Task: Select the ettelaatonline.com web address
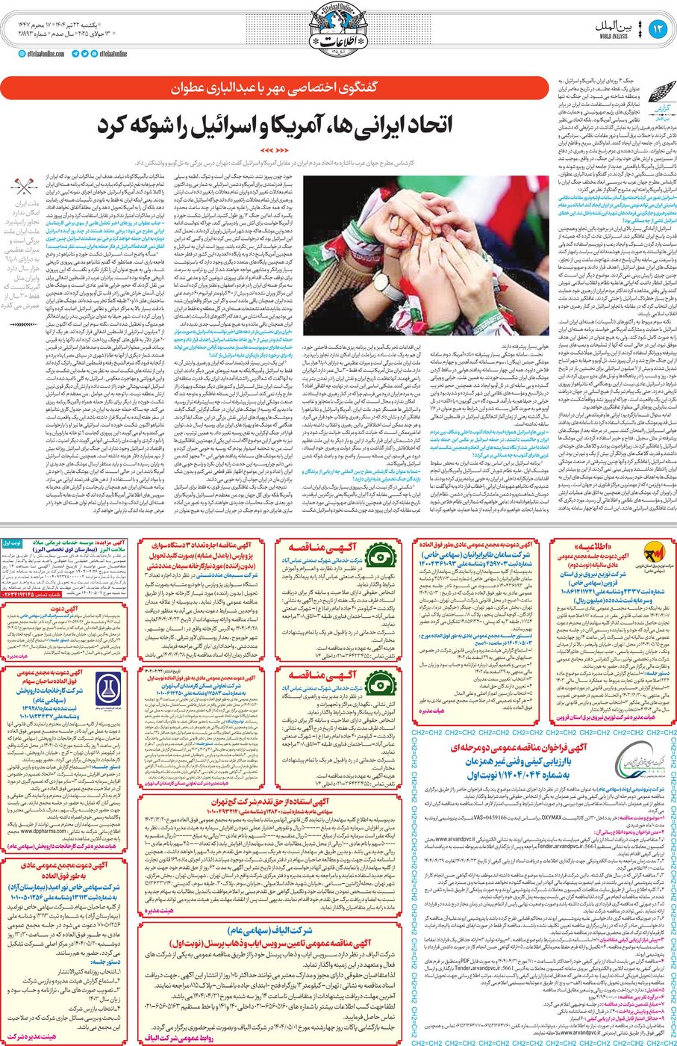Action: pyautogui.click(x=43, y=54)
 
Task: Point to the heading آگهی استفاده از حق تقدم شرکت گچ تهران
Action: pyautogui.click(x=272, y=802)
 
